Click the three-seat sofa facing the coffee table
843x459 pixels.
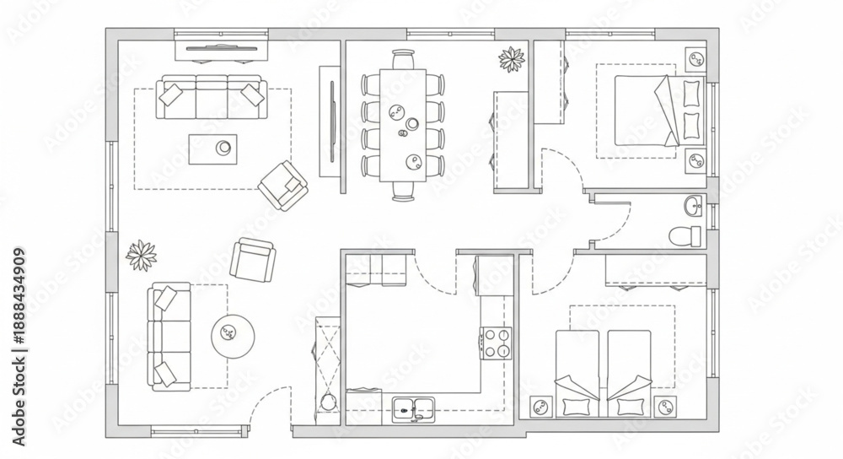point(212,97)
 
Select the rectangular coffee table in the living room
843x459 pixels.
point(212,149)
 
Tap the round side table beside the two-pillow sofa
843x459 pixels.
point(233,337)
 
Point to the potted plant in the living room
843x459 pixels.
point(142,256)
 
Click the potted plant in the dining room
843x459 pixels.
point(512,59)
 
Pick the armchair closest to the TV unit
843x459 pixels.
point(282,185)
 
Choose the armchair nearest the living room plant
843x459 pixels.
point(253,260)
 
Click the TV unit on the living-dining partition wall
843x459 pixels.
point(330,121)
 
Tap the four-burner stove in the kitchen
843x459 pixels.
point(496,343)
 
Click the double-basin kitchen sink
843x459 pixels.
point(413,410)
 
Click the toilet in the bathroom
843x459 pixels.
point(685,235)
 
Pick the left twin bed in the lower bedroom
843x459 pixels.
point(577,374)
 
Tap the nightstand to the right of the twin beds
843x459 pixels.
point(666,406)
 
